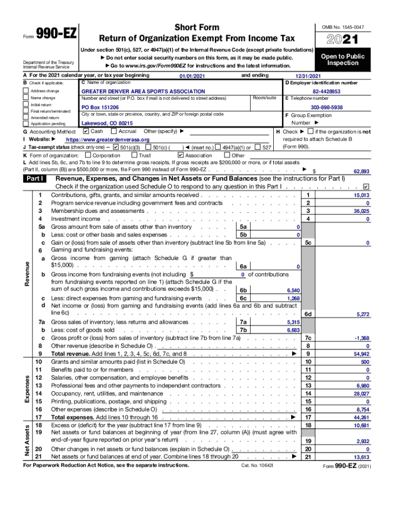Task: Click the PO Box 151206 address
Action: [100, 107]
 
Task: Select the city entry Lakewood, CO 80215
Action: [107, 123]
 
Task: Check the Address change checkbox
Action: [26, 91]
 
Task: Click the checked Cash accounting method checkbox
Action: [85, 132]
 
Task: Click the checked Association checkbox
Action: [180, 155]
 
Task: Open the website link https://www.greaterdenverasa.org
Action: [107, 140]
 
